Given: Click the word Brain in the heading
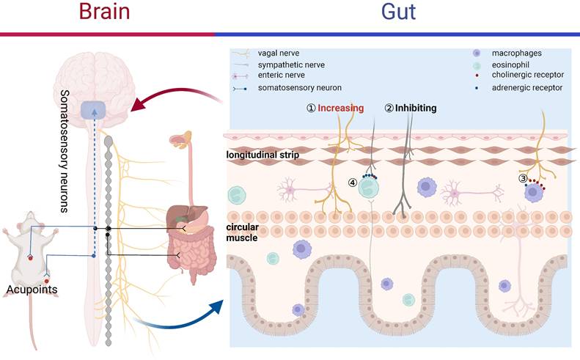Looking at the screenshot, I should point(108,12).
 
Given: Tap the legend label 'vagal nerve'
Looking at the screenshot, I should point(279,54).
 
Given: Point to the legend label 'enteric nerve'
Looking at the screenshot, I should point(282,76).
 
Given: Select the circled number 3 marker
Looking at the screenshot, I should point(523,178).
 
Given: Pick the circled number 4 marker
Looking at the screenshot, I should point(353,183).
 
